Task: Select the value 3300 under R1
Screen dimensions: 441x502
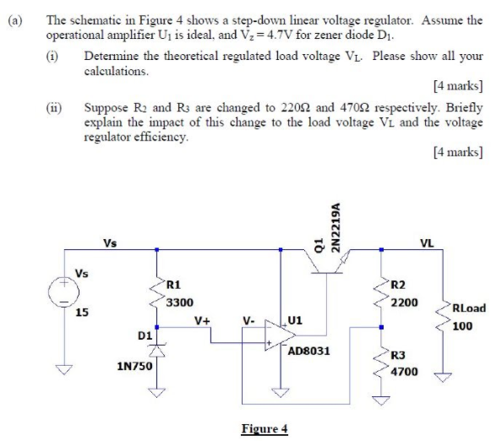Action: point(178,301)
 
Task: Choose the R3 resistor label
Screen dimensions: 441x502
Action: point(401,355)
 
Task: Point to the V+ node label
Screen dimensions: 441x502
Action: point(202,321)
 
